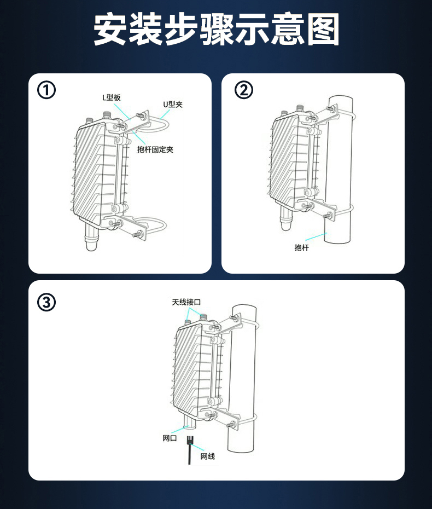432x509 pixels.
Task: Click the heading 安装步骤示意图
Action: coord(216,29)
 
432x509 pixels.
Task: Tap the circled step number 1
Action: coord(46,90)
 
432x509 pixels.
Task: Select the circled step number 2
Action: coord(243,90)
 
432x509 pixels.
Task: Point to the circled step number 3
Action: coord(46,302)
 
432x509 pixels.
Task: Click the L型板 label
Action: coord(112,97)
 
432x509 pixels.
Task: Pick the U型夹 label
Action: coord(173,105)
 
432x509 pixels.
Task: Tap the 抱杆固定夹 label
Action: coord(155,149)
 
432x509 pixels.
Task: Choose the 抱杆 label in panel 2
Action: coord(301,248)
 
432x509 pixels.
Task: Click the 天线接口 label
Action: coord(186,302)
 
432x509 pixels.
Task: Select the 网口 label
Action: coord(170,438)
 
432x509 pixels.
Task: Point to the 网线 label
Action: coord(208,456)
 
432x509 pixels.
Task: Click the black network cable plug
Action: coord(190,441)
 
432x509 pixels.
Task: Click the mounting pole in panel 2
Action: coord(339,169)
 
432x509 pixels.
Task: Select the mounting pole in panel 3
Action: coord(242,378)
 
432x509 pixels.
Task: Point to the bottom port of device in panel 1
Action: coord(91,237)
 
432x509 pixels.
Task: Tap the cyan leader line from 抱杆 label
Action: coord(316,236)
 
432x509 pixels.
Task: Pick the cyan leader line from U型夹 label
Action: coord(165,114)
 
